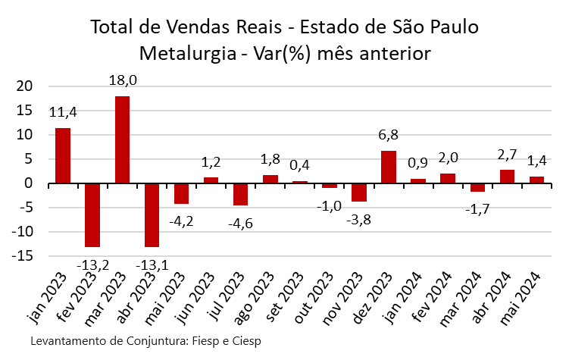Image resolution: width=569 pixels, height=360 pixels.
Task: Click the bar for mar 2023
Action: pyautogui.click(x=122, y=139)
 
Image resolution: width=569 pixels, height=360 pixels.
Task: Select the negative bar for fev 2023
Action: pyautogui.click(x=92, y=215)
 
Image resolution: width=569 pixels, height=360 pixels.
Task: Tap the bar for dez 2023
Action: pyautogui.click(x=388, y=167)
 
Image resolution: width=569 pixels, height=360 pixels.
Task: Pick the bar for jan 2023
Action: pyautogui.click(x=63, y=155)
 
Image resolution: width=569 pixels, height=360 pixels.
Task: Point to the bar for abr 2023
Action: pyautogui.click(x=152, y=215)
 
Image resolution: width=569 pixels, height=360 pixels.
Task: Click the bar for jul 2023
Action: pyautogui.click(x=240, y=194)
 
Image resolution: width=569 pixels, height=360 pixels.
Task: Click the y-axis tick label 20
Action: pyautogui.click(x=27, y=86)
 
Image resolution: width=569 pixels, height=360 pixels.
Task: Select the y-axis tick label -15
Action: pyautogui.click(x=23, y=256)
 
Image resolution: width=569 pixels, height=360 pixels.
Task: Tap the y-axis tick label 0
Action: pyautogui.click(x=31, y=183)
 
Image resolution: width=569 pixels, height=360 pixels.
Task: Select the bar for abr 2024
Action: pyautogui.click(x=506, y=177)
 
